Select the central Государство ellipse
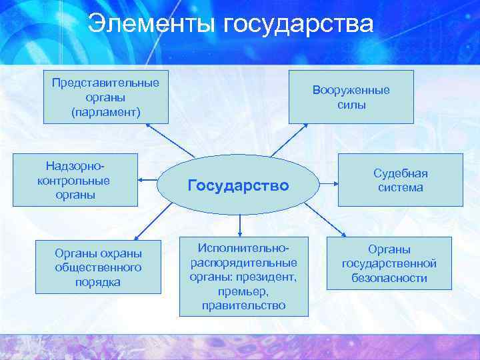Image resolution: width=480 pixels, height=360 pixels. coord(239,185)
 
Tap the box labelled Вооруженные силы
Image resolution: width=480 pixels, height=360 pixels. coord(351,97)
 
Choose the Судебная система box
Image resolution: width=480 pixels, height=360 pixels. coord(400,180)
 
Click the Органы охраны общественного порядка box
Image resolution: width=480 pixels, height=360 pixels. coord(98,267)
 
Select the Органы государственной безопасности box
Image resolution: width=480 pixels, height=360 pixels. coord(389,263)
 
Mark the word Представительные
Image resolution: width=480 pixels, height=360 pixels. coord(106,83)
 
